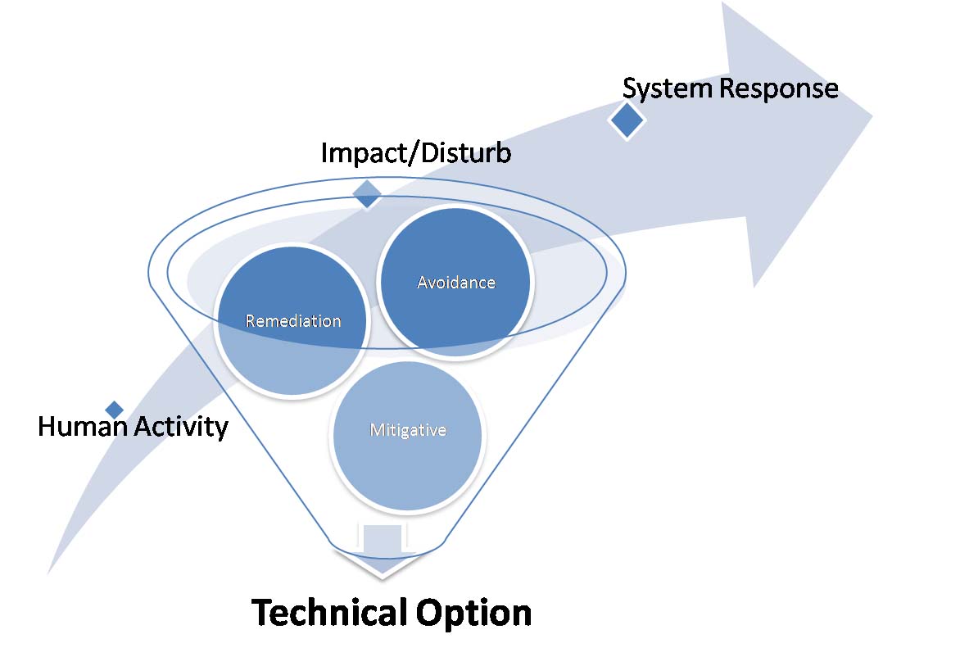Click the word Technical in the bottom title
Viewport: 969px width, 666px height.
pos(328,613)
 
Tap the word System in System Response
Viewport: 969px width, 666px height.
pos(668,88)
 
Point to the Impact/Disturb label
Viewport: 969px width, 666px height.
pos(416,152)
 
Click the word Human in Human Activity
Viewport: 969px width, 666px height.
pos(79,426)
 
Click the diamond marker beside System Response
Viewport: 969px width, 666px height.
pos(627,121)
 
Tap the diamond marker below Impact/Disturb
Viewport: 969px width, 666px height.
pos(367,193)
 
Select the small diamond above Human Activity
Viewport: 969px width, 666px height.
pos(115,409)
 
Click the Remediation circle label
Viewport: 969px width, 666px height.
pos(293,320)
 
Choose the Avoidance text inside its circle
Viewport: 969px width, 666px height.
pos(456,282)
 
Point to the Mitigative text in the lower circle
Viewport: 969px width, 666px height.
pos(407,429)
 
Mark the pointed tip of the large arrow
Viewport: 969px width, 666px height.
pos(871,115)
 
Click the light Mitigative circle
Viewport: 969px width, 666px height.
pos(407,459)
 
